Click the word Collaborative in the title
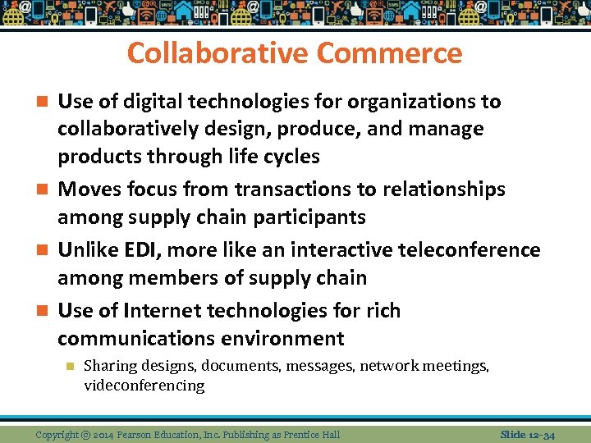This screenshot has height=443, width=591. (218, 53)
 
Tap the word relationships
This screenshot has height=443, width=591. (443, 190)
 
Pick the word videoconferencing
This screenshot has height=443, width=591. (144, 386)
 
